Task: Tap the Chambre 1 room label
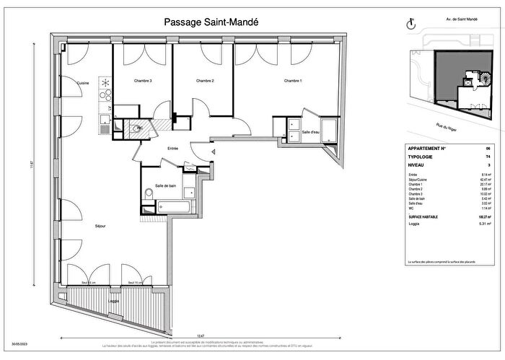(x=292, y=81)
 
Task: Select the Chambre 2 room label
(x=206, y=81)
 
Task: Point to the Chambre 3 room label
(x=142, y=81)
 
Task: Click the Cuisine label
(x=83, y=83)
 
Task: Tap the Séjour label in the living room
(x=100, y=226)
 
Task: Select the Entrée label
(x=172, y=149)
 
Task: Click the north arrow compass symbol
(x=412, y=24)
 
